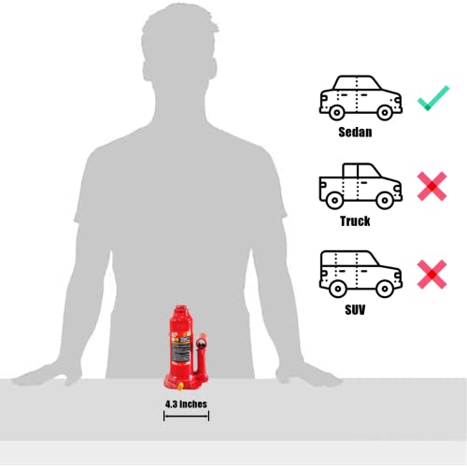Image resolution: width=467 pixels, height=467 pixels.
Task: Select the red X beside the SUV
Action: coord(432,273)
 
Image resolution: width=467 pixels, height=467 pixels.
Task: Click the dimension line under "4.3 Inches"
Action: coord(186,416)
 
